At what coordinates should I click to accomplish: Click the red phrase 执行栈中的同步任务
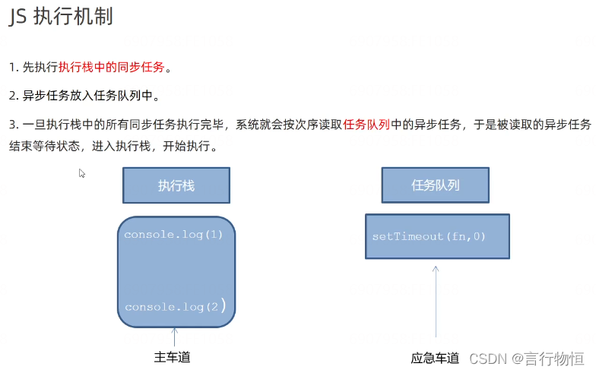111,67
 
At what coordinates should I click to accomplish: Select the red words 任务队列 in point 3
366,125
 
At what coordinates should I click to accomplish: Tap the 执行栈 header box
176,185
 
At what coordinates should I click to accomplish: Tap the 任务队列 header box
435,185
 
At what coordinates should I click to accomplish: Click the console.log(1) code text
173,235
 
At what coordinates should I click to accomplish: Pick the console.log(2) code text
174,307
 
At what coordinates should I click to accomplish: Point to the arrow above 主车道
174,337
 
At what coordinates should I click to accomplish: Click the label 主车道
172,357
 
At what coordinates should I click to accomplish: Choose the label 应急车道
435,358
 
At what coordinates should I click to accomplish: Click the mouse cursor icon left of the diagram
82,173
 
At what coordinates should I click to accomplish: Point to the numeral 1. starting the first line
13,68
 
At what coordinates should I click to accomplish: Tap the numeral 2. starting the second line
14,96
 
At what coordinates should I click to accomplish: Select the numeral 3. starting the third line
14,125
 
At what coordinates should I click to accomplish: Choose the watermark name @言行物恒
547,357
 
